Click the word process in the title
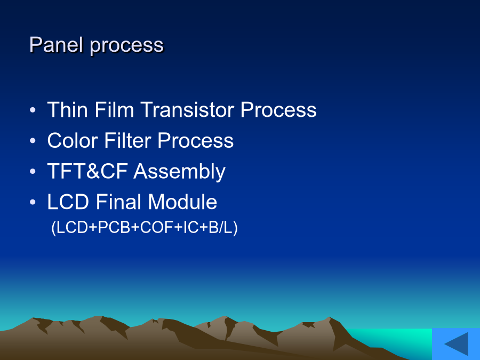pyautogui.click(x=127, y=46)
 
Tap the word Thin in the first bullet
pyautogui.click(x=67, y=109)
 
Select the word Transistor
pyautogui.click(x=187, y=109)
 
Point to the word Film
pyautogui.click(x=114, y=109)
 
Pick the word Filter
pyautogui.click(x=127, y=140)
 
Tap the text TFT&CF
pyautogui.click(x=87, y=171)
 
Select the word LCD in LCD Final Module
pyautogui.click(x=68, y=202)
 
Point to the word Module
pyautogui.click(x=182, y=202)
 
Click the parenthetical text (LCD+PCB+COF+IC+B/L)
pyautogui.click(x=145, y=228)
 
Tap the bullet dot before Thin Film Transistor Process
pyautogui.click(x=33, y=110)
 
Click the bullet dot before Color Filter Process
pyautogui.click(x=33, y=141)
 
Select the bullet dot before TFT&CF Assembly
pyautogui.click(x=33, y=171)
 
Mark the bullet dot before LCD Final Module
pyautogui.click(x=33, y=202)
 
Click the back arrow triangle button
pyautogui.click(x=458, y=344)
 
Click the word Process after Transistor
pyautogui.click(x=278, y=109)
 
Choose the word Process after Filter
pyautogui.click(x=196, y=140)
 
